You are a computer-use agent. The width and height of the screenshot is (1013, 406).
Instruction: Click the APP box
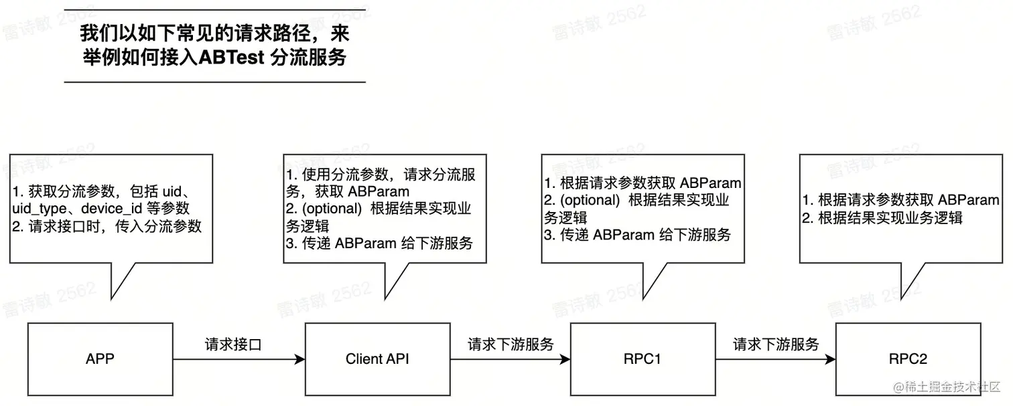(x=100, y=359)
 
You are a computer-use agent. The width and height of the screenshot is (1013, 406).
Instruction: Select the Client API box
(x=377, y=359)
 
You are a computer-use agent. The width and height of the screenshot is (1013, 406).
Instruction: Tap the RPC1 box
(x=642, y=359)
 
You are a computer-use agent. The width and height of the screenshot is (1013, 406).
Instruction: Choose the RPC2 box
(x=908, y=359)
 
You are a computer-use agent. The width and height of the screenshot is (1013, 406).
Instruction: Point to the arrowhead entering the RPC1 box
(x=565, y=360)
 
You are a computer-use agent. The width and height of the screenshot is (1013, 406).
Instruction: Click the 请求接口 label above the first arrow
(x=232, y=345)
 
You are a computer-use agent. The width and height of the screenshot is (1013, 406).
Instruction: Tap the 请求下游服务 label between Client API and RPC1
(x=511, y=345)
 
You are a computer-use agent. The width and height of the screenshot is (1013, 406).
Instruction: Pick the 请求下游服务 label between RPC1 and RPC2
(x=776, y=345)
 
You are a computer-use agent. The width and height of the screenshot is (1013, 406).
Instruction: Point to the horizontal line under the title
(x=214, y=82)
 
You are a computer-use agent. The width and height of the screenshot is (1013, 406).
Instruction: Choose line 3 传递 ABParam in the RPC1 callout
(x=636, y=235)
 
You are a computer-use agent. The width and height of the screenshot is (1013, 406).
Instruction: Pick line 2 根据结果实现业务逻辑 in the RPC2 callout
(x=882, y=217)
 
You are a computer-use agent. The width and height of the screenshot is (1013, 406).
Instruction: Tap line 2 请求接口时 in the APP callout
(x=107, y=225)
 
